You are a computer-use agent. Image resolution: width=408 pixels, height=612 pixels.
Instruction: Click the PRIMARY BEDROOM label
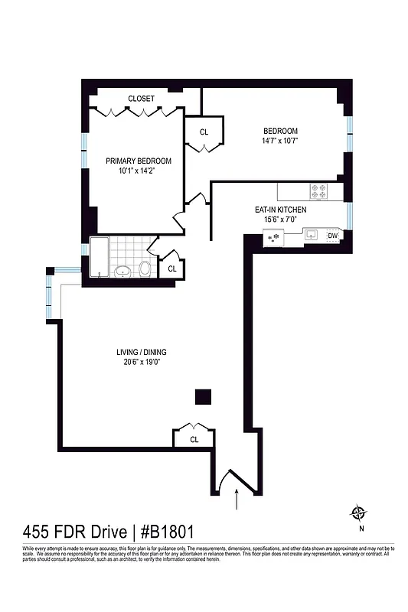click(x=139, y=161)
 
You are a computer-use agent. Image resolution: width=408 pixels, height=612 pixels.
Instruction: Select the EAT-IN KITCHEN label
click(x=281, y=210)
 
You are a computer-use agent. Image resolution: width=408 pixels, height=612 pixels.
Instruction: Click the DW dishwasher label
click(x=332, y=236)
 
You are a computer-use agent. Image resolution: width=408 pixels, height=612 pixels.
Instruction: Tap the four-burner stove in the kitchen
click(x=318, y=191)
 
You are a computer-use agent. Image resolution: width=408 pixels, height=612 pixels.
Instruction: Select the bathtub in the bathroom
click(x=99, y=258)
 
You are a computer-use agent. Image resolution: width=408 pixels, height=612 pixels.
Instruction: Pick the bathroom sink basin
click(x=122, y=271)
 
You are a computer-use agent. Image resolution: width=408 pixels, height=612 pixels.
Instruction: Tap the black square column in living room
click(x=202, y=396)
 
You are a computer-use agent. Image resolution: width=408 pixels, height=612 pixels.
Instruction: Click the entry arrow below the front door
click(x=236, y=501)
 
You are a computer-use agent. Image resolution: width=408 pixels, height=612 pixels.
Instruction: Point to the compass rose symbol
click(x=357, y=513)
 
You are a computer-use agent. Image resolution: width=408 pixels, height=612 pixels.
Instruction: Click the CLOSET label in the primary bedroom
click(x=141, y=99)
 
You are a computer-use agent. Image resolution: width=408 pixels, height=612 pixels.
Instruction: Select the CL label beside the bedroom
click(x=204, y=132)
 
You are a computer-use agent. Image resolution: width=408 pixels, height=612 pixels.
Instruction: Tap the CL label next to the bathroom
click(x=172, y=269)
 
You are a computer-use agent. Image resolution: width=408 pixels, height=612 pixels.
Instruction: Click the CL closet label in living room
click(x=194, y=439)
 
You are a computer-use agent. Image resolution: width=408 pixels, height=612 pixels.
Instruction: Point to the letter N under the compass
click(x=357, y=528)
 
